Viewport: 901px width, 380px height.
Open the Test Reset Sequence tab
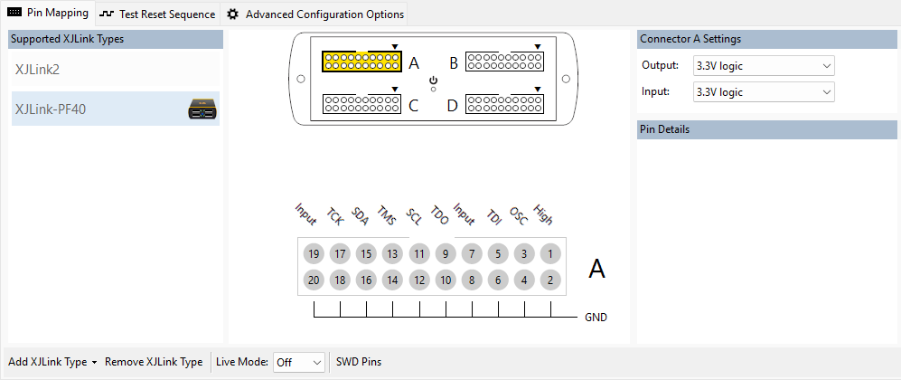(x=157, y=14)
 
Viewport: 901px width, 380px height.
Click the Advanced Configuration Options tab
(x=315, y=14)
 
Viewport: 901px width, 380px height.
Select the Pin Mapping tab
(x=49, y=14)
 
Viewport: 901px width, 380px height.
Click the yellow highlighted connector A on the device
(x=361, y=62)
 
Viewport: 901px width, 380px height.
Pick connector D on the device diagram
(x=504, y=105)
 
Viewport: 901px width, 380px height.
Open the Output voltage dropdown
(x=763, y=65)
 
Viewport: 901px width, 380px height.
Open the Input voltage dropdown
(x=763, y=91)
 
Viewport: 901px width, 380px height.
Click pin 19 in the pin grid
(x=313, y=254)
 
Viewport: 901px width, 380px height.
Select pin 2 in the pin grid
(x=550, y=280)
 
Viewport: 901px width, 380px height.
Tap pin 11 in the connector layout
(x=418, y=254)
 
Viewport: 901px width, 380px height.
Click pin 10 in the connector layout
(x=445, y=280)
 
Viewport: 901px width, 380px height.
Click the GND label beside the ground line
(x=596, y=318)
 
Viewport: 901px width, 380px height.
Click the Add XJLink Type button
(x=52, y=361)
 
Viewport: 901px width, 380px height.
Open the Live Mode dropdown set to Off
(x=299, y=361)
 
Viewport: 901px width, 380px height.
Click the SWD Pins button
(x=359, y=361)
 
